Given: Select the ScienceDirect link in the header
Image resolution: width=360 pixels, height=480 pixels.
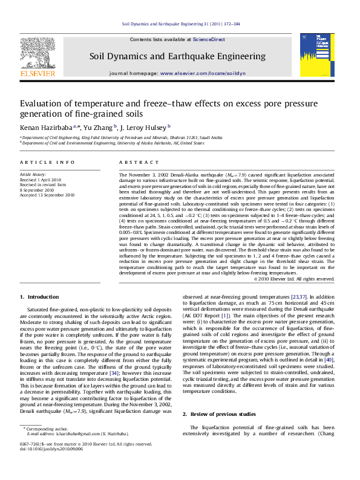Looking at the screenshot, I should pos(209,39).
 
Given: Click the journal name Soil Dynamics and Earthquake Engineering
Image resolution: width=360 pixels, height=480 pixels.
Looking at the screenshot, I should pos(177,56).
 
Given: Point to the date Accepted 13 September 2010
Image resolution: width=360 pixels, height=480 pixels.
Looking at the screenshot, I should pos(47,195).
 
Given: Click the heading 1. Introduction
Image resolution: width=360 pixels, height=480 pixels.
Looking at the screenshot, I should pos(39,297).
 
